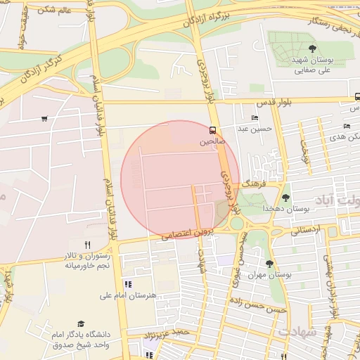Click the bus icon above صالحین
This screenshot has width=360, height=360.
click(212, 130)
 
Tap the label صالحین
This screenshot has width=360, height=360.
click(212, 142)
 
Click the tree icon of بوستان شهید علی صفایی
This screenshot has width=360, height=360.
click(312, 49)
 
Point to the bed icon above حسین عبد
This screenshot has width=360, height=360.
click(254, 117)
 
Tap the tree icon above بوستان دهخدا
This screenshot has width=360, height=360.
click(285, 198)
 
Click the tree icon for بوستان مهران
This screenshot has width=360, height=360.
click(269, 264)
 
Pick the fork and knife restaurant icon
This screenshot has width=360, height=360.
click(88, 244)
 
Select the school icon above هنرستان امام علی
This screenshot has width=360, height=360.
click(128, 284)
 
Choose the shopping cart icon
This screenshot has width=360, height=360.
click(44, 118)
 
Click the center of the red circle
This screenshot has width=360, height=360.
click(180, 179)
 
